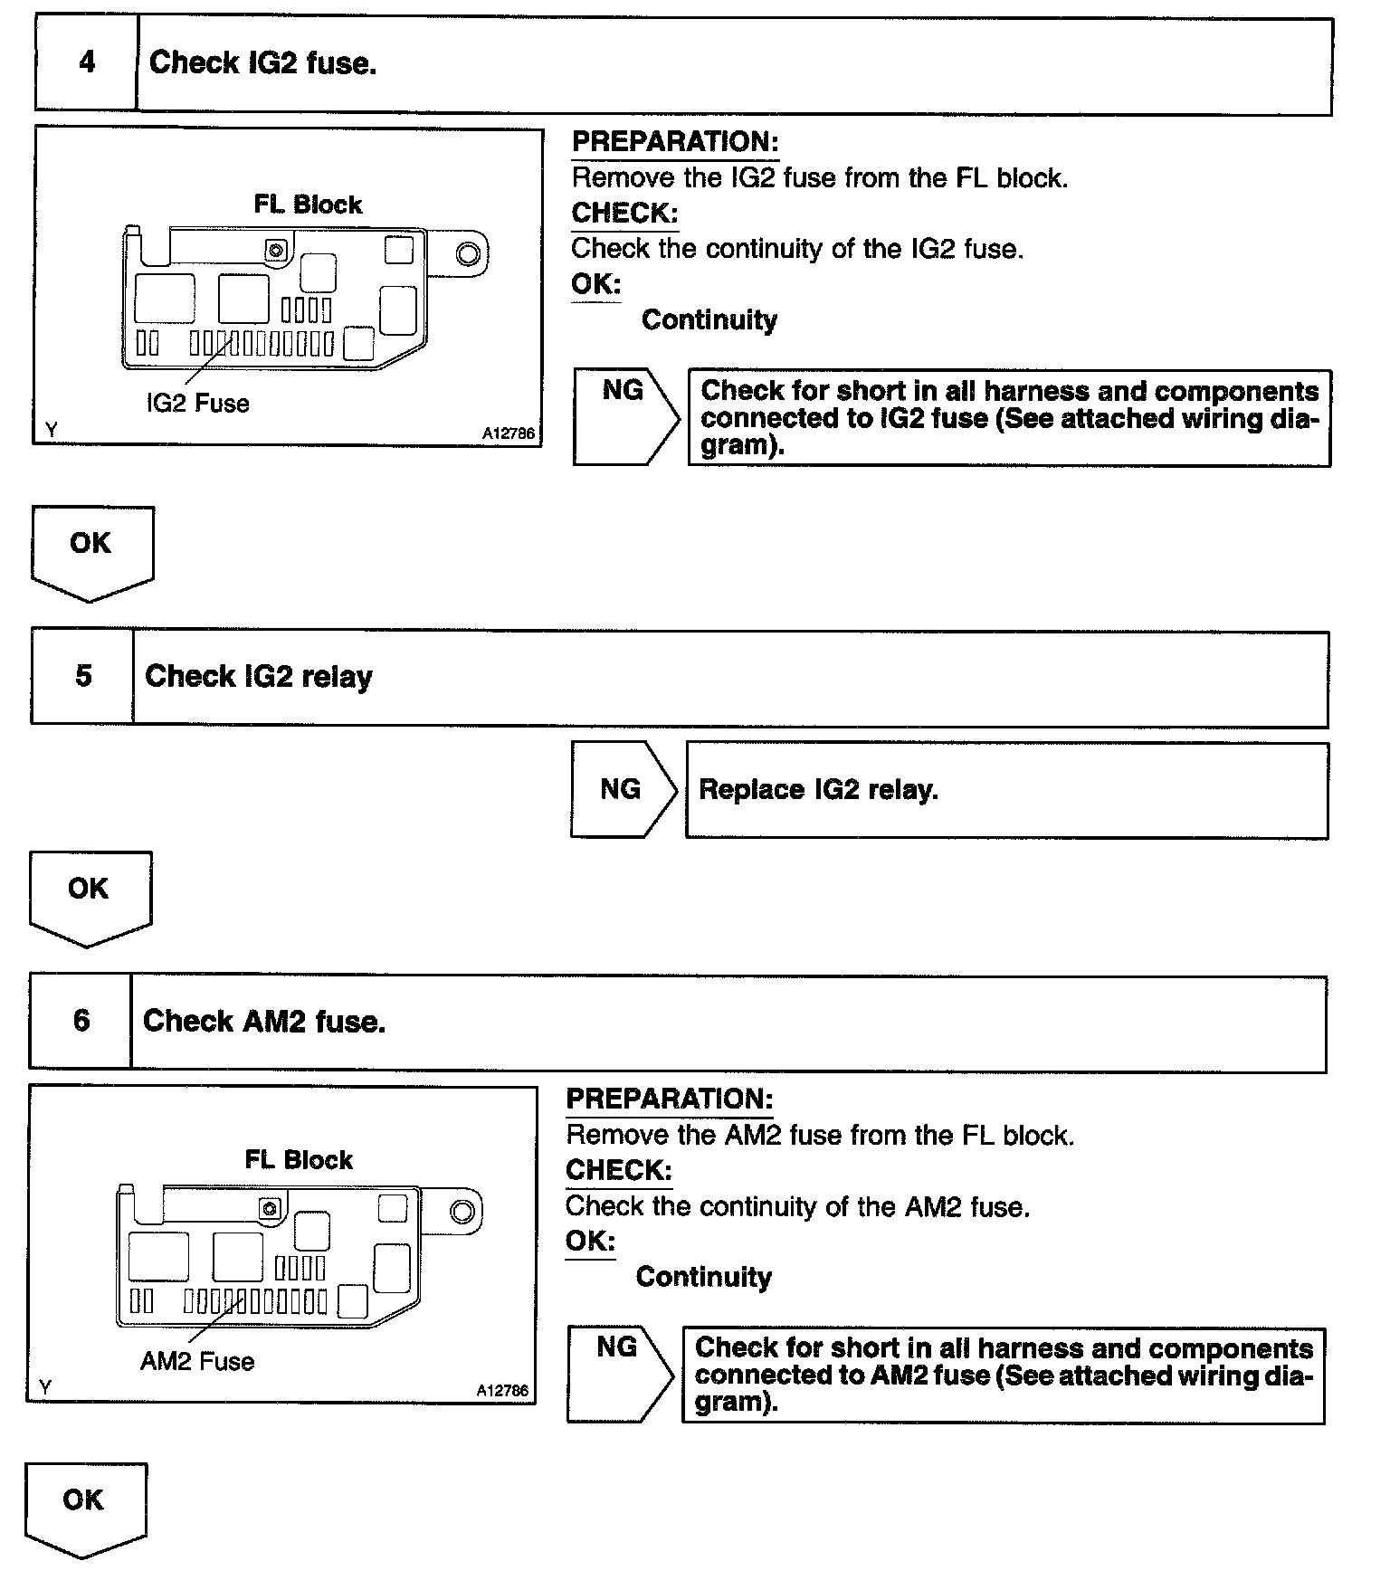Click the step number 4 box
pos(86,63)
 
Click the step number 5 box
pos(82,677)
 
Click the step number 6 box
pos(81,1022)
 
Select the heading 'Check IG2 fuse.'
pos(262,63)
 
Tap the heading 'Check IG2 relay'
pos(258,677)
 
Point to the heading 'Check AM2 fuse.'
pos(263,1022)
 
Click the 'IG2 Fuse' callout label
pos(197,404)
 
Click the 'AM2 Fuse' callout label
pos(196,1362)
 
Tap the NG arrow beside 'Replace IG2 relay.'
pos(622,790)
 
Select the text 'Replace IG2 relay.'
pos(818,790)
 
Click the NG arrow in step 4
pos(624,417)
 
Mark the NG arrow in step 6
pos(618,1374)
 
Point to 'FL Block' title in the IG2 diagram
pos(308,205)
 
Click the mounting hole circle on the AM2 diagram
pos(462,1212)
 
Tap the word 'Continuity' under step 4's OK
pos(709,320)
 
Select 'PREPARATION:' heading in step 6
pos(669,1099)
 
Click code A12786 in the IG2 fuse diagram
pos(508,433)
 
